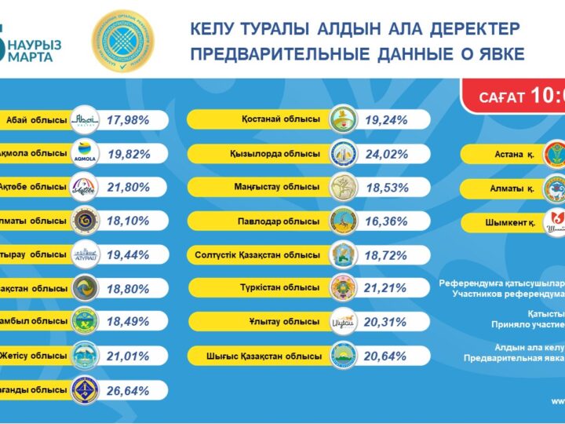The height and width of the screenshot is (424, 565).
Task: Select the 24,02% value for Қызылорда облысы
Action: coord(386,153)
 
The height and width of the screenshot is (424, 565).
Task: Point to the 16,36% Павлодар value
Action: coord(386,221)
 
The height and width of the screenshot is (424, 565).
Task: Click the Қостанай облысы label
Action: coord(280,119)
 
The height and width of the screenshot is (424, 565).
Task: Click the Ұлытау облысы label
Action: coord(290,322)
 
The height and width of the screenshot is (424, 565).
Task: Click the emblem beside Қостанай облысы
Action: coord(343,119)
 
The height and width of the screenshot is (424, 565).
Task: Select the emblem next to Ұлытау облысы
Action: coord(343,322)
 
